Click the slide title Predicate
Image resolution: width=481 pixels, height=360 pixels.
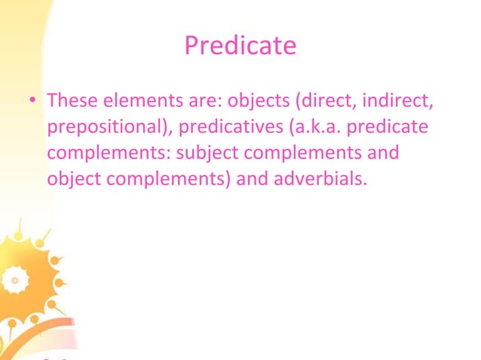(x=240, y=47)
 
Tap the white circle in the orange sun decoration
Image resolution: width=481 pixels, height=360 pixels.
(x=11, y=280)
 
